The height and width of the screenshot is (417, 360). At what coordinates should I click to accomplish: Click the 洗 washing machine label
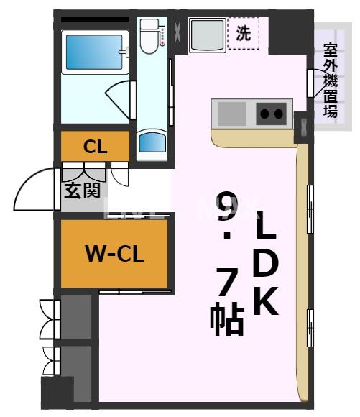point(244,33)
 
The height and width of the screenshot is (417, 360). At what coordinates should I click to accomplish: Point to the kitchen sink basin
point(231,113)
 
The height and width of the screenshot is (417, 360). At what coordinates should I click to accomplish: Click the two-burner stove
point(271,113)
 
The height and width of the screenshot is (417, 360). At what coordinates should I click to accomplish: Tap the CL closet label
point(96,147)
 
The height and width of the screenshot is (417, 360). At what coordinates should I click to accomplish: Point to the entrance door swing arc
point(34,191)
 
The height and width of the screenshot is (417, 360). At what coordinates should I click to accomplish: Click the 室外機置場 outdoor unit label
point(331,79)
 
